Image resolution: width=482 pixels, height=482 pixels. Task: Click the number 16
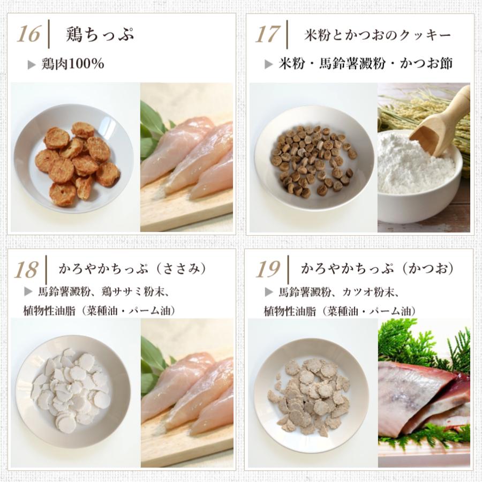pyautogui.click(x=28, y=34)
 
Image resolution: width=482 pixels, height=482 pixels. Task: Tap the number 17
pyautogui.click(x=267, y=34)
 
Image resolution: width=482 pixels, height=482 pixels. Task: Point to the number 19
pyautogui.click(x=268, y=269)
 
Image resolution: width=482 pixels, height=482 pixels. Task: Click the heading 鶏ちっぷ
pyautogui.click(x=100, y=34)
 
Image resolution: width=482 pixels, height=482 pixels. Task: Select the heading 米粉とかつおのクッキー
pyautogui.click(x=377, y=35)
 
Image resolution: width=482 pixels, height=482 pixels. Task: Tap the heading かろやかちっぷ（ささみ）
pyautogui.click(x=132, y=269)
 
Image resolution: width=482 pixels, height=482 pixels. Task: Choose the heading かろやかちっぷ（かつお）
pyautogui.click(x=377, y=269)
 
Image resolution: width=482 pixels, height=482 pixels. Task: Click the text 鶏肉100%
pyautogui.click(x=72, y=64)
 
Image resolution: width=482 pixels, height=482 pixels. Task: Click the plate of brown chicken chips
pyautogui.click(x=74, y=159)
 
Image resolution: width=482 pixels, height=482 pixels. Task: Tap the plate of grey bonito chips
pyautogui.click(x=313, y=394)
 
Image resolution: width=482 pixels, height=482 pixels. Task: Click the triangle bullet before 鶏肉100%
pyautogui.click(x=32, y=65)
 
